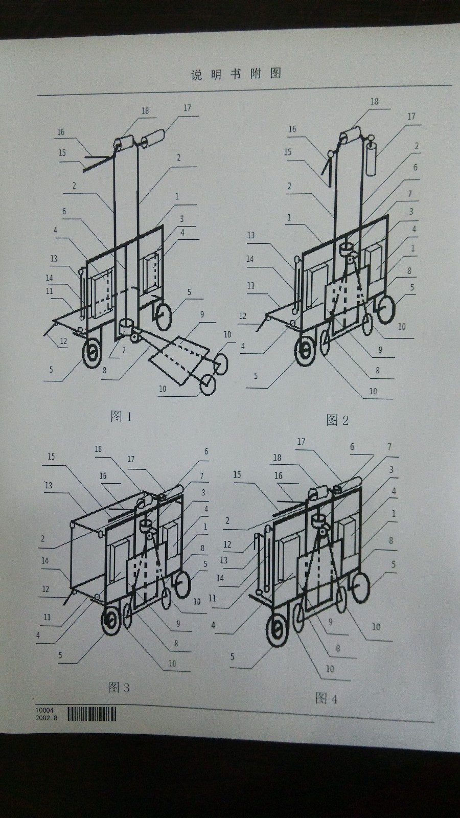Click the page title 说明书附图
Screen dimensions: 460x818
(236, 74)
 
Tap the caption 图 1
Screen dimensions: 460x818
(121, 416)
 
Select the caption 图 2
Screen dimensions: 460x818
(337, 420)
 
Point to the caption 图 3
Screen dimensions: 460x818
(119, 688)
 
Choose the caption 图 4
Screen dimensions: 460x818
(327, 699)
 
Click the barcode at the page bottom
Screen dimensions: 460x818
(92, 714)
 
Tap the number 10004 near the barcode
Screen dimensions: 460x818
(44, 710)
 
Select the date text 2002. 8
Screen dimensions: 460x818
(47, 718)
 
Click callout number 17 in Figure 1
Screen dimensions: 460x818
(187, 108)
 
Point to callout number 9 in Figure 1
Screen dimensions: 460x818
(202, 314)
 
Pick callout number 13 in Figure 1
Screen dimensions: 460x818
(54, 259)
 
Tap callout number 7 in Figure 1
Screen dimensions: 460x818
(124, 350)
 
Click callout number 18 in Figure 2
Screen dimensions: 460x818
(375, 102)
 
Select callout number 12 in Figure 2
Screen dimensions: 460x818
(243, 316)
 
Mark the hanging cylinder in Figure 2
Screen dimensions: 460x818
(371, 159)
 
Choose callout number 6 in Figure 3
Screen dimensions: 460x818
(206, 452)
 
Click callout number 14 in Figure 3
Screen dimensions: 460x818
(45, 560)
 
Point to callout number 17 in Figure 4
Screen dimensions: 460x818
(301, 442)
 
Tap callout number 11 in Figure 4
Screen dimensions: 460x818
(212, 598)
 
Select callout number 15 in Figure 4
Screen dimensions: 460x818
(237, 475)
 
